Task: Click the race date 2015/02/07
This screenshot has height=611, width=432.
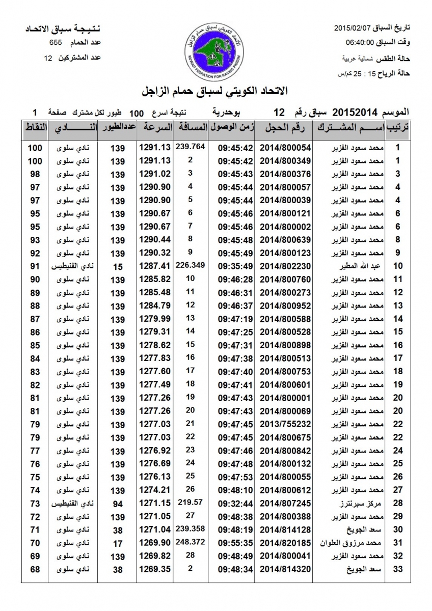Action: coord(352,27)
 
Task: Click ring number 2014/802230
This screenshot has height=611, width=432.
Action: coord(285,266)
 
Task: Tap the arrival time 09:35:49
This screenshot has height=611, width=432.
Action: coord(236,266)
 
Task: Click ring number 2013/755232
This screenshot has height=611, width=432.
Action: coord(285,424)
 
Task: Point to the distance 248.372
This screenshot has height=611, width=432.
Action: coord(190,542)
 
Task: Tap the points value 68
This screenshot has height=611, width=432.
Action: coord(35,569)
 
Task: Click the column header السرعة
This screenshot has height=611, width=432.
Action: coord(155,128)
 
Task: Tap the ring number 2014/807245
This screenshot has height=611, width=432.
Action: coord(285,504)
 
